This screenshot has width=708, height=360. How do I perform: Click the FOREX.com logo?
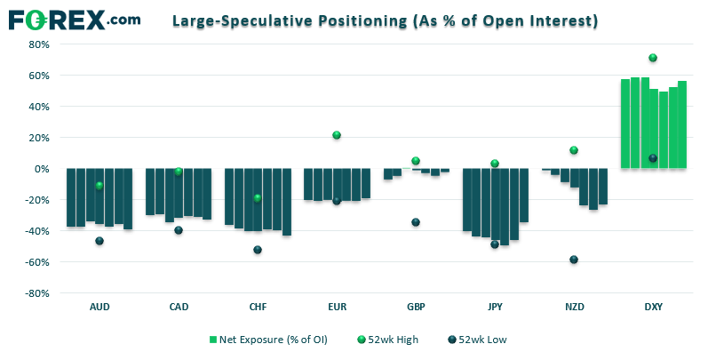point(72,19)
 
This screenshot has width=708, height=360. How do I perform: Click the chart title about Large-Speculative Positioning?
point(384,20)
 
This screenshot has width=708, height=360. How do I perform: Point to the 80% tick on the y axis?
point(39,44)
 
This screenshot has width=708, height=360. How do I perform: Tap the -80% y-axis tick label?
point(37,293)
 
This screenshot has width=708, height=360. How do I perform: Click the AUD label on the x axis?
point(99,307)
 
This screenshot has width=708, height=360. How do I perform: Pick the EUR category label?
point(337,307)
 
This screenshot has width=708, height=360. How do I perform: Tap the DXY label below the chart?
point(653,307)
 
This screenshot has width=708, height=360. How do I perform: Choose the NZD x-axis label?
point(574,307)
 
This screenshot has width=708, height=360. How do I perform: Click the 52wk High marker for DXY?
point(653,58)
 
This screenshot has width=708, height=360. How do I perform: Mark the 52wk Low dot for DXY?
point(653,158)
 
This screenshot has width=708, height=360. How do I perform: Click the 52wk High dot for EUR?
point(337,135)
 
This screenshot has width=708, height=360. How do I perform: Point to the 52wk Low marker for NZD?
point(574,260)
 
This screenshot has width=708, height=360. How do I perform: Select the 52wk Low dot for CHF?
point(258,250)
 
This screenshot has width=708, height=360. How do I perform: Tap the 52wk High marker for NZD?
point(574,150)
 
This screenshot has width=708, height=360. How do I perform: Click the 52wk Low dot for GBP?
point(416,222)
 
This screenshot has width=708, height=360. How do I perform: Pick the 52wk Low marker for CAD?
point(179,230)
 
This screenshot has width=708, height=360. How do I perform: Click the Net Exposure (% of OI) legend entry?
point(267,339)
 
